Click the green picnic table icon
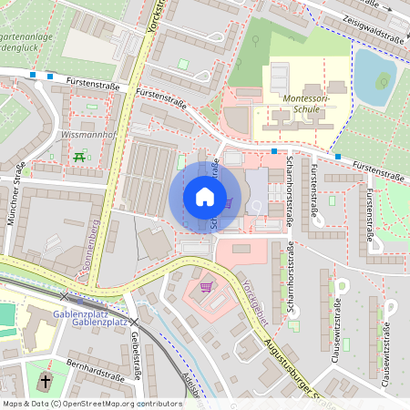pyautogui.click(x=79, y=157)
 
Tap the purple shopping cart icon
pyautogui.click(x=206, y=287)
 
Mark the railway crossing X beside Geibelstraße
pyautogui.click(x=134, y=322)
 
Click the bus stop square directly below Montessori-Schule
pyautogui.click(x=274, y=151)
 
